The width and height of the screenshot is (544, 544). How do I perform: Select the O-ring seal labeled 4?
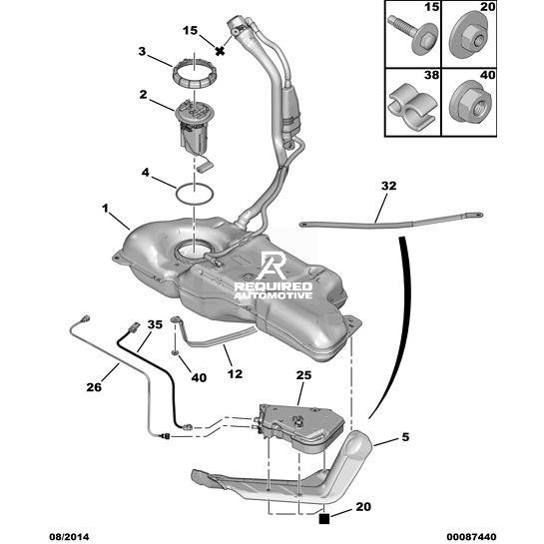pyautogui.click(x=177, y=196)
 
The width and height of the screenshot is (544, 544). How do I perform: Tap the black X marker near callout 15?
pyautogui.click(x=220, y=51)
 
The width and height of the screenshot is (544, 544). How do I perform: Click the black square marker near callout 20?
pyautogui.click(x=324, y=519)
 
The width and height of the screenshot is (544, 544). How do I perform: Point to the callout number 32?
pyautogui.click(x=388, y=186)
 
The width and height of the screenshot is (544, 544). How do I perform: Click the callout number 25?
pyautogui.click(x=303, y=375)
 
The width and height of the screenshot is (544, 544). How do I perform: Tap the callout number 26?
pyautogui.click(x=94, y=387)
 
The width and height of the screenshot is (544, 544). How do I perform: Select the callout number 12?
pyautogui.click(x=235, y=374)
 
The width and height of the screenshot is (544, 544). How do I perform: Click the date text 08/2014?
pyautogui.click(x=69, y=537)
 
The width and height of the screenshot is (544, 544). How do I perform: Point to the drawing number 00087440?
pyautogui.click(x=471, y=537)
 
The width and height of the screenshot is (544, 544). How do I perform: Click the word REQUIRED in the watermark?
pyautogui.click(x=273, y=286)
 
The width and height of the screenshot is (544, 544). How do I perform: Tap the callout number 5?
pyautogui.click(x=405, y=437)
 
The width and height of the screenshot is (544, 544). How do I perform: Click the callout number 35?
pyautogui.click(x=155, y=324)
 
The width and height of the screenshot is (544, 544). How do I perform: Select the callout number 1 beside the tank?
pyautogui.click(x=105, y=209)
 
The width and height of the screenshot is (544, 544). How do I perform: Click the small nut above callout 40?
pyautogui.click(x=176, y=353)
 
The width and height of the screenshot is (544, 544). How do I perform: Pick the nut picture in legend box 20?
pyautogui.click(x=470, y=37)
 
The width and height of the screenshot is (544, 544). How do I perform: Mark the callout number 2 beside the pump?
pyautogui.click(x=144, y=95)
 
